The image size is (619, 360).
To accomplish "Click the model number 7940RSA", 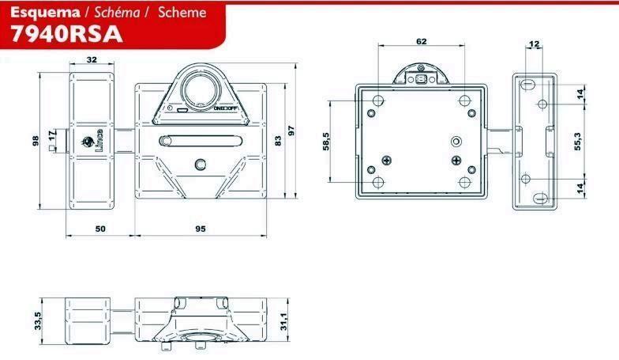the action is [66, 35].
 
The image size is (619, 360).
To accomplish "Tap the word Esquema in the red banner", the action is [45, 13].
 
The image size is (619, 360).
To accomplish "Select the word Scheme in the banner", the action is [182, 13].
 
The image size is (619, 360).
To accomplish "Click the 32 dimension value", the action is [92, 60].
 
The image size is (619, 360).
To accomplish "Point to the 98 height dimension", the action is [36, 141].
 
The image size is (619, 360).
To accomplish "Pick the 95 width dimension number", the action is [201, 229].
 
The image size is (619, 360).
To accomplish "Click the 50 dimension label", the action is [100, 229].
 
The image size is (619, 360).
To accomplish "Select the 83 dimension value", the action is [278, 141].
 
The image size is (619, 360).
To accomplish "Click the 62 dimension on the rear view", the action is [422, 41].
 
